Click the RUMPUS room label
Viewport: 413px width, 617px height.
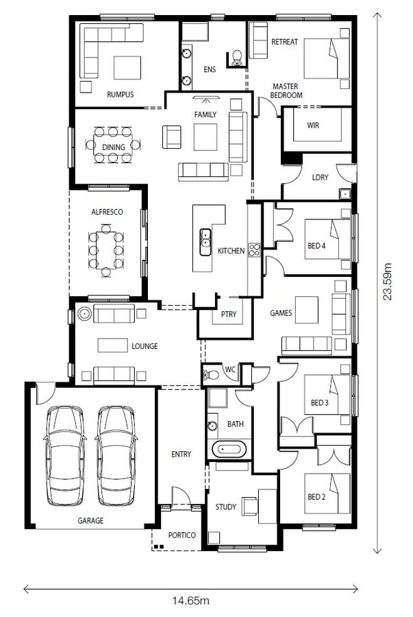[121, 95]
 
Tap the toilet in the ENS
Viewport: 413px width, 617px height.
[237, 58]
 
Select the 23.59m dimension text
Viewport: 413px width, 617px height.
[388, 281]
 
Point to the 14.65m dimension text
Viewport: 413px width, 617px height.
[190, 601]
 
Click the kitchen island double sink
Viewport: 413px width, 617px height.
[205, 242]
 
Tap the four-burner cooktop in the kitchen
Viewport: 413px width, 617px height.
[255, 251]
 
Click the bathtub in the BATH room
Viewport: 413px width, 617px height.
[229, 449]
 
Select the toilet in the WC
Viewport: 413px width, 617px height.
[211, 374]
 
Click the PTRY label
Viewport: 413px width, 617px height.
[229, 314]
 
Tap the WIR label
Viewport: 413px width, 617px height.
[313, 125]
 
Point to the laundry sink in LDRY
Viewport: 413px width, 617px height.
[345, 194]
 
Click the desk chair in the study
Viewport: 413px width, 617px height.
[249, 506]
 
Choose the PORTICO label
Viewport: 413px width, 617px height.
[182, 535]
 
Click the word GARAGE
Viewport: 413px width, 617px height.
[90, 520]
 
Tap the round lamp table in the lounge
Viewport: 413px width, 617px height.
[84, 313]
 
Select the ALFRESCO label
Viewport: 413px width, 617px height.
[108, 212]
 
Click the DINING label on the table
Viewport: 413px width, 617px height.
[114, 147]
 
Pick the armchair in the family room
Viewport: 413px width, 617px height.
[172, 137]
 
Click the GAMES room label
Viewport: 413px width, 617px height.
[281, 313]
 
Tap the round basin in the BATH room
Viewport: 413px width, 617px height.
[212, 426]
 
